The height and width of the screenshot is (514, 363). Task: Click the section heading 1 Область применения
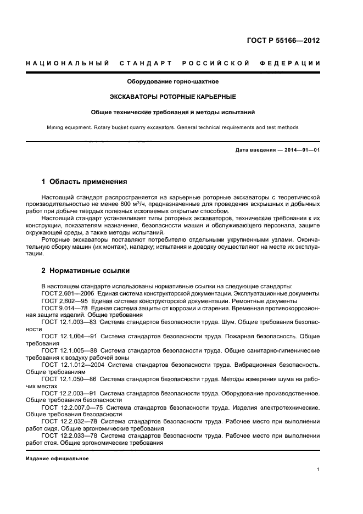pos(85,181)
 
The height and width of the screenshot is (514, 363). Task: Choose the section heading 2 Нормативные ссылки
pos(86,271)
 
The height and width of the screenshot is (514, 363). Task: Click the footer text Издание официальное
pos(58,459)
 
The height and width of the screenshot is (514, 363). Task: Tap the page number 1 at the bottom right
pos(319,470)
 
